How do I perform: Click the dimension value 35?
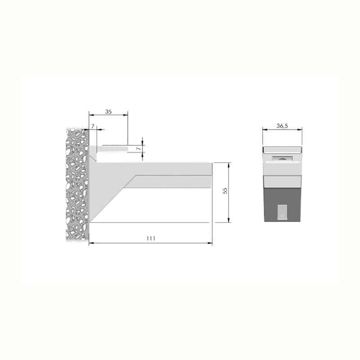(x=108, y=112)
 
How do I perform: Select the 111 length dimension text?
(x=151, y=238)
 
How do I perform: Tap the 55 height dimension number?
(x=225, y=191)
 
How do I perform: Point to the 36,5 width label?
(x=282, y=126)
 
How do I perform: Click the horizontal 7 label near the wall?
(x=93, y=126)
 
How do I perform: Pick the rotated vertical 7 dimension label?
(x=139, y=149)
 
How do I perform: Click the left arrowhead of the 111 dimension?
(x=91, y=243)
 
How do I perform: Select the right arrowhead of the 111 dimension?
(x=210, y=243)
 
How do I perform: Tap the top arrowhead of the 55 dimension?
(x=229, y=165)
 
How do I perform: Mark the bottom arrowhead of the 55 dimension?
(x=229, y=220)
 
